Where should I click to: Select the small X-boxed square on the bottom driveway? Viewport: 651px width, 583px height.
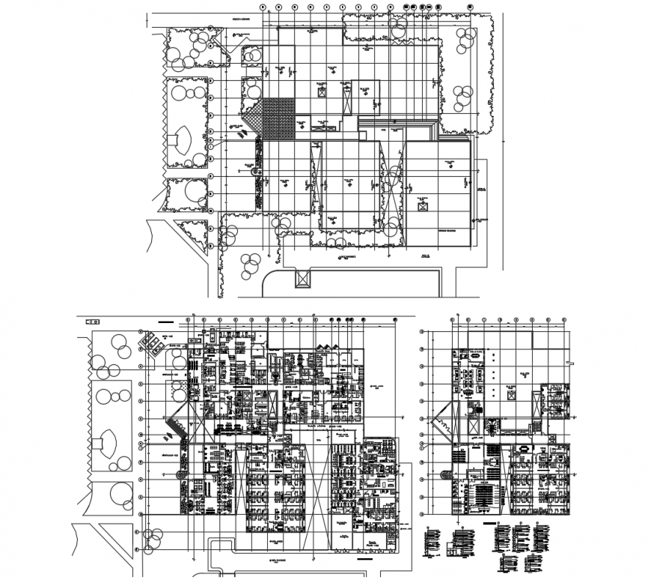pos(302,279)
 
